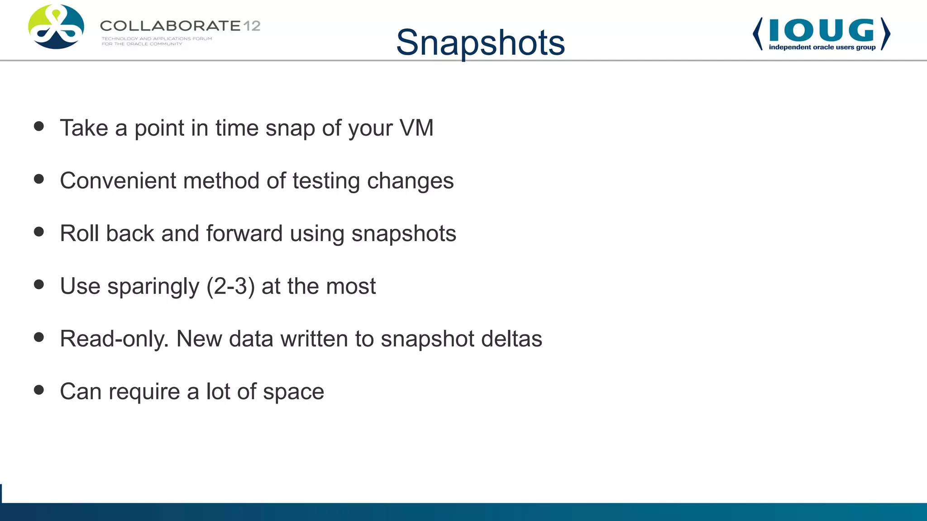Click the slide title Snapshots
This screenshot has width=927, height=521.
point(480,43)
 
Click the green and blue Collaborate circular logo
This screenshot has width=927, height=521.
point(56,27)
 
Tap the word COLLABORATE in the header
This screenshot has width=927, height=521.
point(170,26)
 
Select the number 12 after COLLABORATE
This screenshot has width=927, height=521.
point(252,26)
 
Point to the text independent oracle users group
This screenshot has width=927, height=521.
point(822,47)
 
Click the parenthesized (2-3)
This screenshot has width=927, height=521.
point(230,286)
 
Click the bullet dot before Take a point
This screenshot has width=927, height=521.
point(39,126)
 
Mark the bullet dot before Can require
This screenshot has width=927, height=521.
point(39,390)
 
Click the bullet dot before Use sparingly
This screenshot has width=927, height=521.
point(39,284)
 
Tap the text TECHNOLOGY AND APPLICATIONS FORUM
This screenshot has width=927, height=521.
point(157,39)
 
